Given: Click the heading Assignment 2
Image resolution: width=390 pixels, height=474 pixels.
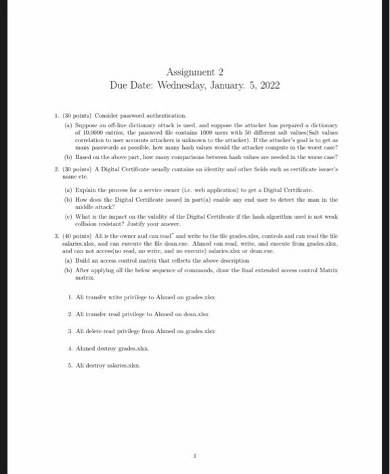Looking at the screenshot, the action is coord(194,72).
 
